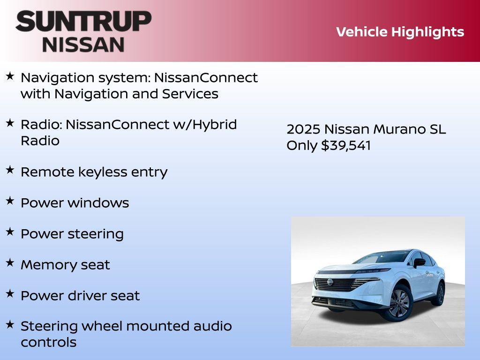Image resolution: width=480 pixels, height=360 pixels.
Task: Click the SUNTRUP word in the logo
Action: (83, 22)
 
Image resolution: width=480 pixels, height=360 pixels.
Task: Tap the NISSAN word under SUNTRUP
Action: (83, 45)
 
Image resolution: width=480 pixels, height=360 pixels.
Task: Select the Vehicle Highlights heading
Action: (400, 32)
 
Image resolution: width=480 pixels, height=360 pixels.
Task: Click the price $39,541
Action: (346, 145)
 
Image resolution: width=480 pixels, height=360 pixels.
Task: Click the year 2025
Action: (303, 129)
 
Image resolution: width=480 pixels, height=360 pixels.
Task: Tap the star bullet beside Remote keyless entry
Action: (10, 171)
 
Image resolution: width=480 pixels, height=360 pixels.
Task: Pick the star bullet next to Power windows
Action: (10, 202)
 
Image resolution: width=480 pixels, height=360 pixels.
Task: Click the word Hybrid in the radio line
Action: (214, 125)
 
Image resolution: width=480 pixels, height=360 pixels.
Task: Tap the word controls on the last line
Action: (48, 342)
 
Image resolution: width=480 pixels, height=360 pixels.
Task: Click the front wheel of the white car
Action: (398, 303)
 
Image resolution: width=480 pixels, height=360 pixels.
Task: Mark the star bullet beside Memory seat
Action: (10, 263)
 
